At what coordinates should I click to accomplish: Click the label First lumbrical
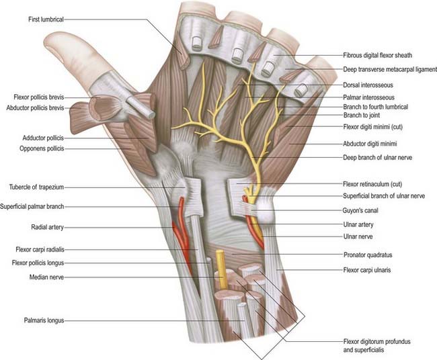coord(46,20)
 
